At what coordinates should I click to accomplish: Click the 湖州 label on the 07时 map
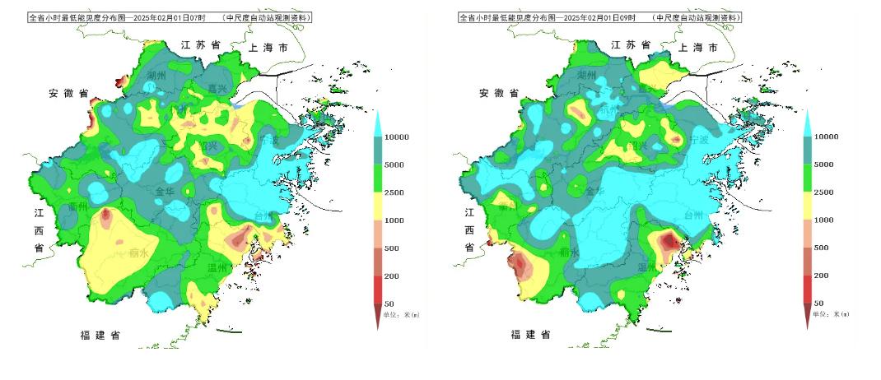coord(156,76)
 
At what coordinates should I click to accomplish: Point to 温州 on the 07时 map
coord(217,268)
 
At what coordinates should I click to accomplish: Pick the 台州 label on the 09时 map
coord(694,215)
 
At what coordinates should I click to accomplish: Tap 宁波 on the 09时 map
coord(697,140)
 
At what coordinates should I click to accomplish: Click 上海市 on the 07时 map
coord(268,49)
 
